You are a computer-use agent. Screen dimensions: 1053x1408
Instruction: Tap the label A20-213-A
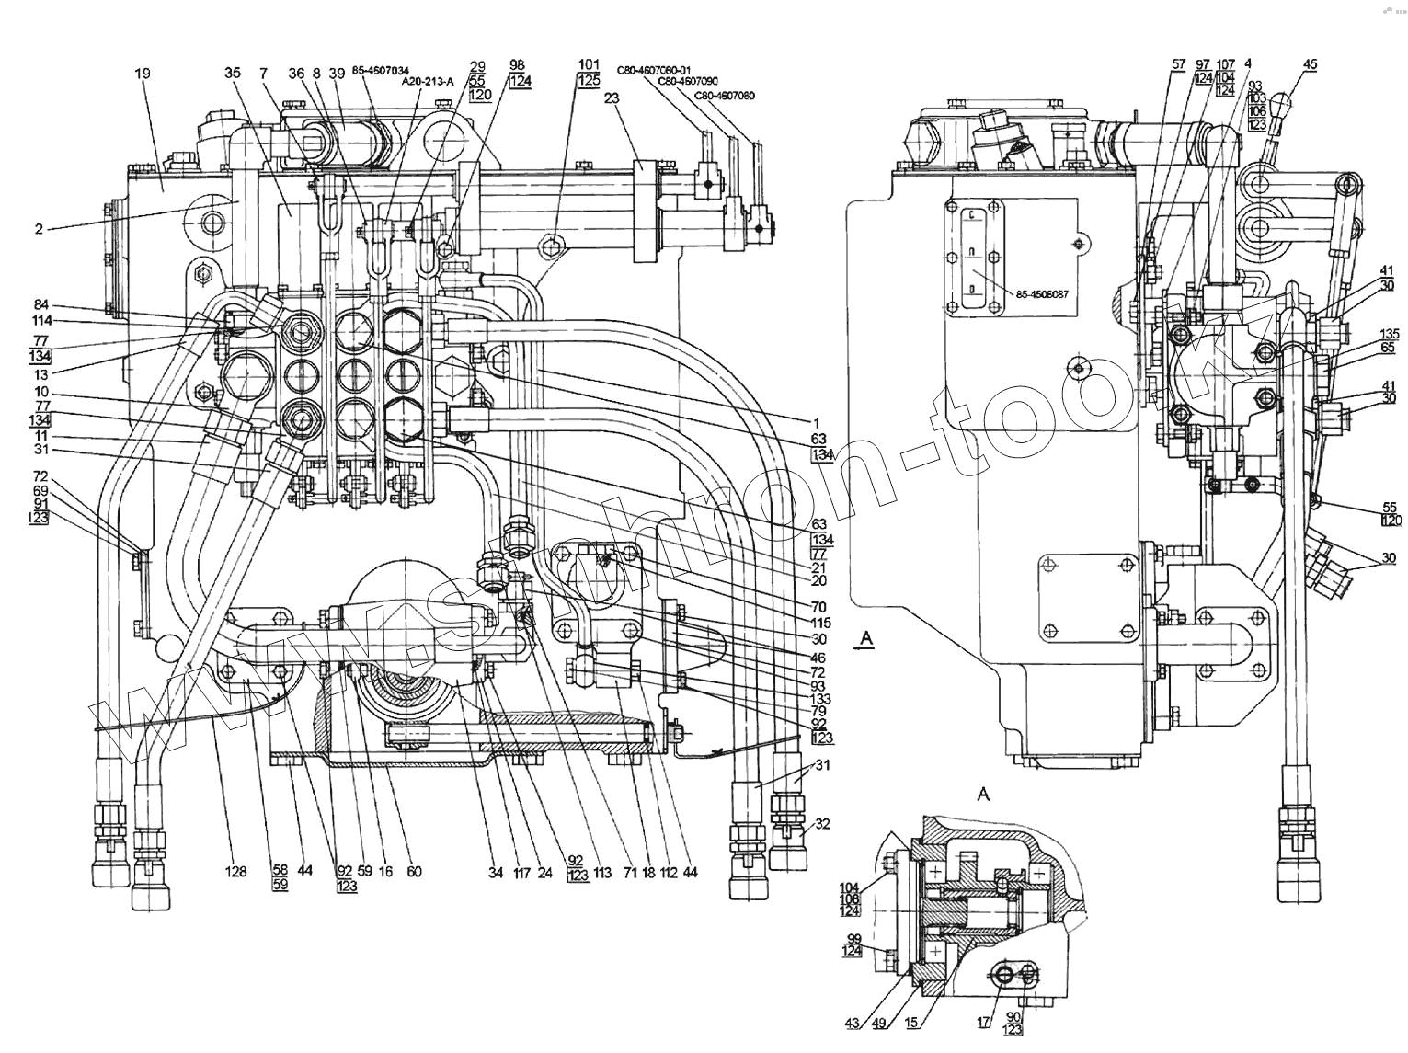tap(428, 81)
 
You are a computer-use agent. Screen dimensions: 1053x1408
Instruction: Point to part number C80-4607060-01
tap(656, 68)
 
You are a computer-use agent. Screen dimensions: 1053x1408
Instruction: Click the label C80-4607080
tap(725, 95)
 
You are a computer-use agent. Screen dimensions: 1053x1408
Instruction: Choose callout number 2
tap(39, 229)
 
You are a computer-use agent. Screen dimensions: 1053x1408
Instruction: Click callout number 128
tap(237, 871)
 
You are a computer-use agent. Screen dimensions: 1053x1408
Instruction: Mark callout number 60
tap(414, 871)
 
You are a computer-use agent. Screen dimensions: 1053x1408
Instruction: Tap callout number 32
tap(822, 824)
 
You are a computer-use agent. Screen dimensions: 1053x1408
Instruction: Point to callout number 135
tap(1389, 333)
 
